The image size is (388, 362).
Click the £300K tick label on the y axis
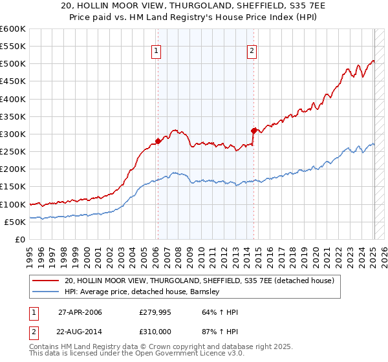(12, 134)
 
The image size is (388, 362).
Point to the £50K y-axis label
(14, 222)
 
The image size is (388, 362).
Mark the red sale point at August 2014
(253, 130)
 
